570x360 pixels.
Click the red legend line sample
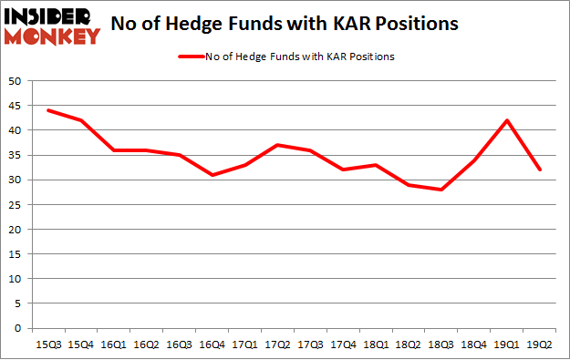click(199, 57)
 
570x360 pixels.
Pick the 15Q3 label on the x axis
click(47, 344)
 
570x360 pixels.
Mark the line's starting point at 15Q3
click(47, 110)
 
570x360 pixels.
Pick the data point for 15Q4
click(80, 120)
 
